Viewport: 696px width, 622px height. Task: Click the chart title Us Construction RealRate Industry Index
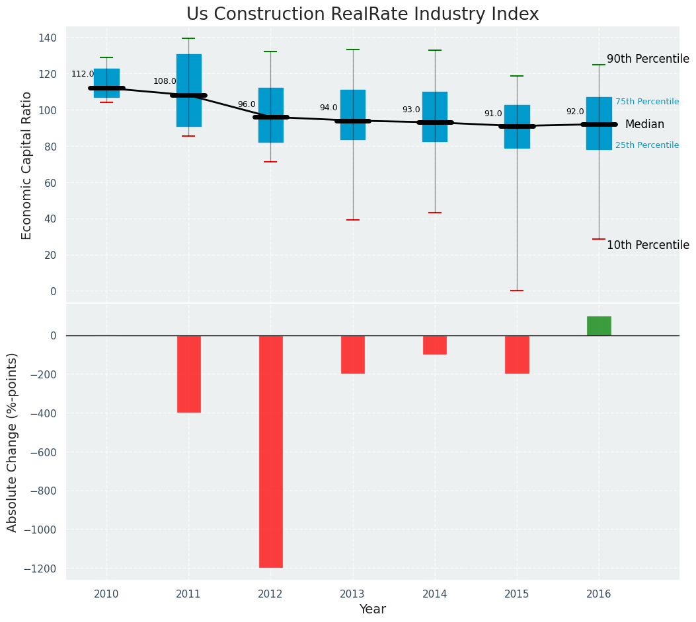(362, 15)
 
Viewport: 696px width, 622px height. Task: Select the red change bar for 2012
(270, 451)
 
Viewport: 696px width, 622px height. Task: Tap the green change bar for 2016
(599, 326)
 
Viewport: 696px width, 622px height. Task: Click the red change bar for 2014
(435, 345)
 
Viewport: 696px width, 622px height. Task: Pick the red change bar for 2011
(188, 374)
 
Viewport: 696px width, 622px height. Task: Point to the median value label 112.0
(83, 75)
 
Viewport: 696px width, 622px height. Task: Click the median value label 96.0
(247, 104)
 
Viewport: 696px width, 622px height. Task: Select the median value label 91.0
(493, 114)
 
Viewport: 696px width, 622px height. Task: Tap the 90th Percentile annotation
(648, 59)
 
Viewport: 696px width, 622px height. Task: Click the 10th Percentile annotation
(648, 245)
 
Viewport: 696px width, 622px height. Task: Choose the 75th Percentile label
(647, 102)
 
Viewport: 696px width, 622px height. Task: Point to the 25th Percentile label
(647, 145)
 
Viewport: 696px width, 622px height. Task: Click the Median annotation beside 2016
(644, 124)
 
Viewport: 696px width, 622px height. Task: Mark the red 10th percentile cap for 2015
(517, 291)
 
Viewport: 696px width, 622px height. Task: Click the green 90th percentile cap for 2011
(188, 38)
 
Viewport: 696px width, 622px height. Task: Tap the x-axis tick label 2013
(353, 594)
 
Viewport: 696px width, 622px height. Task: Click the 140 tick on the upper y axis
(48, 38)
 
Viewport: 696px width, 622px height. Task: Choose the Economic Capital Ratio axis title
(27, 165)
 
